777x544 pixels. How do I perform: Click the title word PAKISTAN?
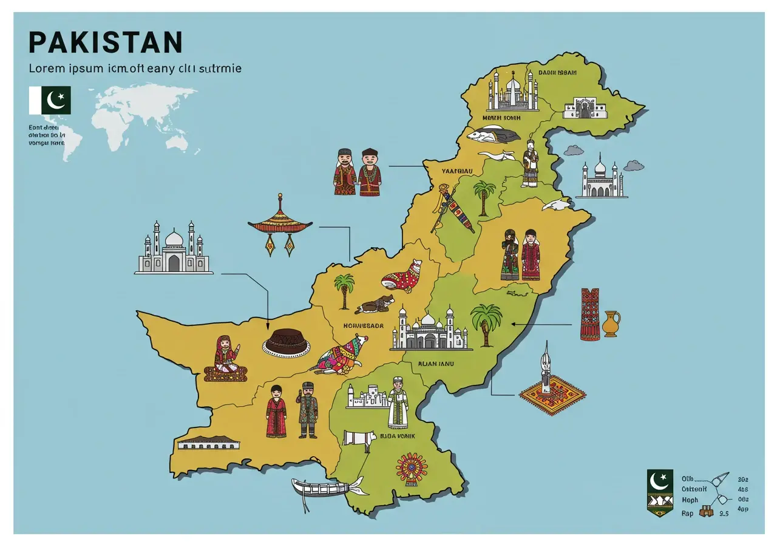point(105,42)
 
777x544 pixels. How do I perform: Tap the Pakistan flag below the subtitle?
point(50,100)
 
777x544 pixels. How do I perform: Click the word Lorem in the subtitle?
point(47,69)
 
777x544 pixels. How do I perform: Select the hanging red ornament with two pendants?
point(280,228)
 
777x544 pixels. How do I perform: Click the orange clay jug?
point(611,324)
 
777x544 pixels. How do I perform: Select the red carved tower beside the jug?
point(589,314)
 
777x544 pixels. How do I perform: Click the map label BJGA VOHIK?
point(396,435)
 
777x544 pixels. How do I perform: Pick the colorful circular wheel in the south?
point(412,469)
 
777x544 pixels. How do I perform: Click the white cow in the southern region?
point(358,440)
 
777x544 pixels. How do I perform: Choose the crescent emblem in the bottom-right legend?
point(659,481)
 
